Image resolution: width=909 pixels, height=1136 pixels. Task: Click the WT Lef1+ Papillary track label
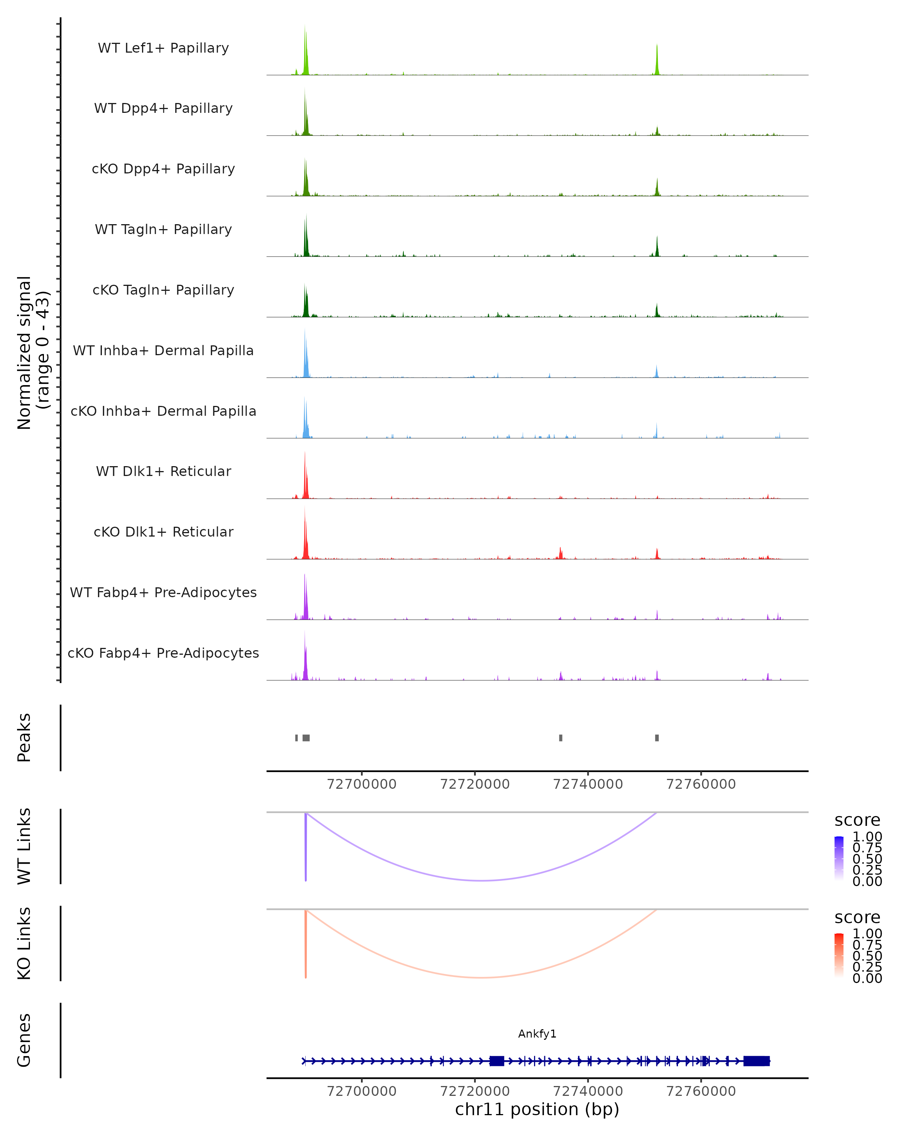[x=163, y=48]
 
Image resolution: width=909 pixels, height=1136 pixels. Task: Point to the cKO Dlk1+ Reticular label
[x=163, y=532]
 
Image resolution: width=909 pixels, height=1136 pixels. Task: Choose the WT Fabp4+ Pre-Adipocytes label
[x=163, y=592]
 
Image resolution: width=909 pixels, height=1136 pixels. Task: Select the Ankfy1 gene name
[x=537, y=1034]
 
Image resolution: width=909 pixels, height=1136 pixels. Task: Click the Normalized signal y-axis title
[x=33, y=353]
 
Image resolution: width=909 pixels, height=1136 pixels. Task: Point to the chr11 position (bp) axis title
[x=537, y=1109]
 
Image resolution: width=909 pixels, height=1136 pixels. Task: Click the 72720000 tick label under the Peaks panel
[x=475, y=784]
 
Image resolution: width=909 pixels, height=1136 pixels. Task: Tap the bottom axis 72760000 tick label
[x=701, y=1091]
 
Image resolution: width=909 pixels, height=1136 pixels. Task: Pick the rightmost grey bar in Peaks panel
[x=657, y=738]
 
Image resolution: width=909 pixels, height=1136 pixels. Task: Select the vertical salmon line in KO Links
[x=306, y=943]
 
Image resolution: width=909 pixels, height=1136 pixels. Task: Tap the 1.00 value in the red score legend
[x=867, y=934]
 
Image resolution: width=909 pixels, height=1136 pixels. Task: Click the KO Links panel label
[x=24, y=943]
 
